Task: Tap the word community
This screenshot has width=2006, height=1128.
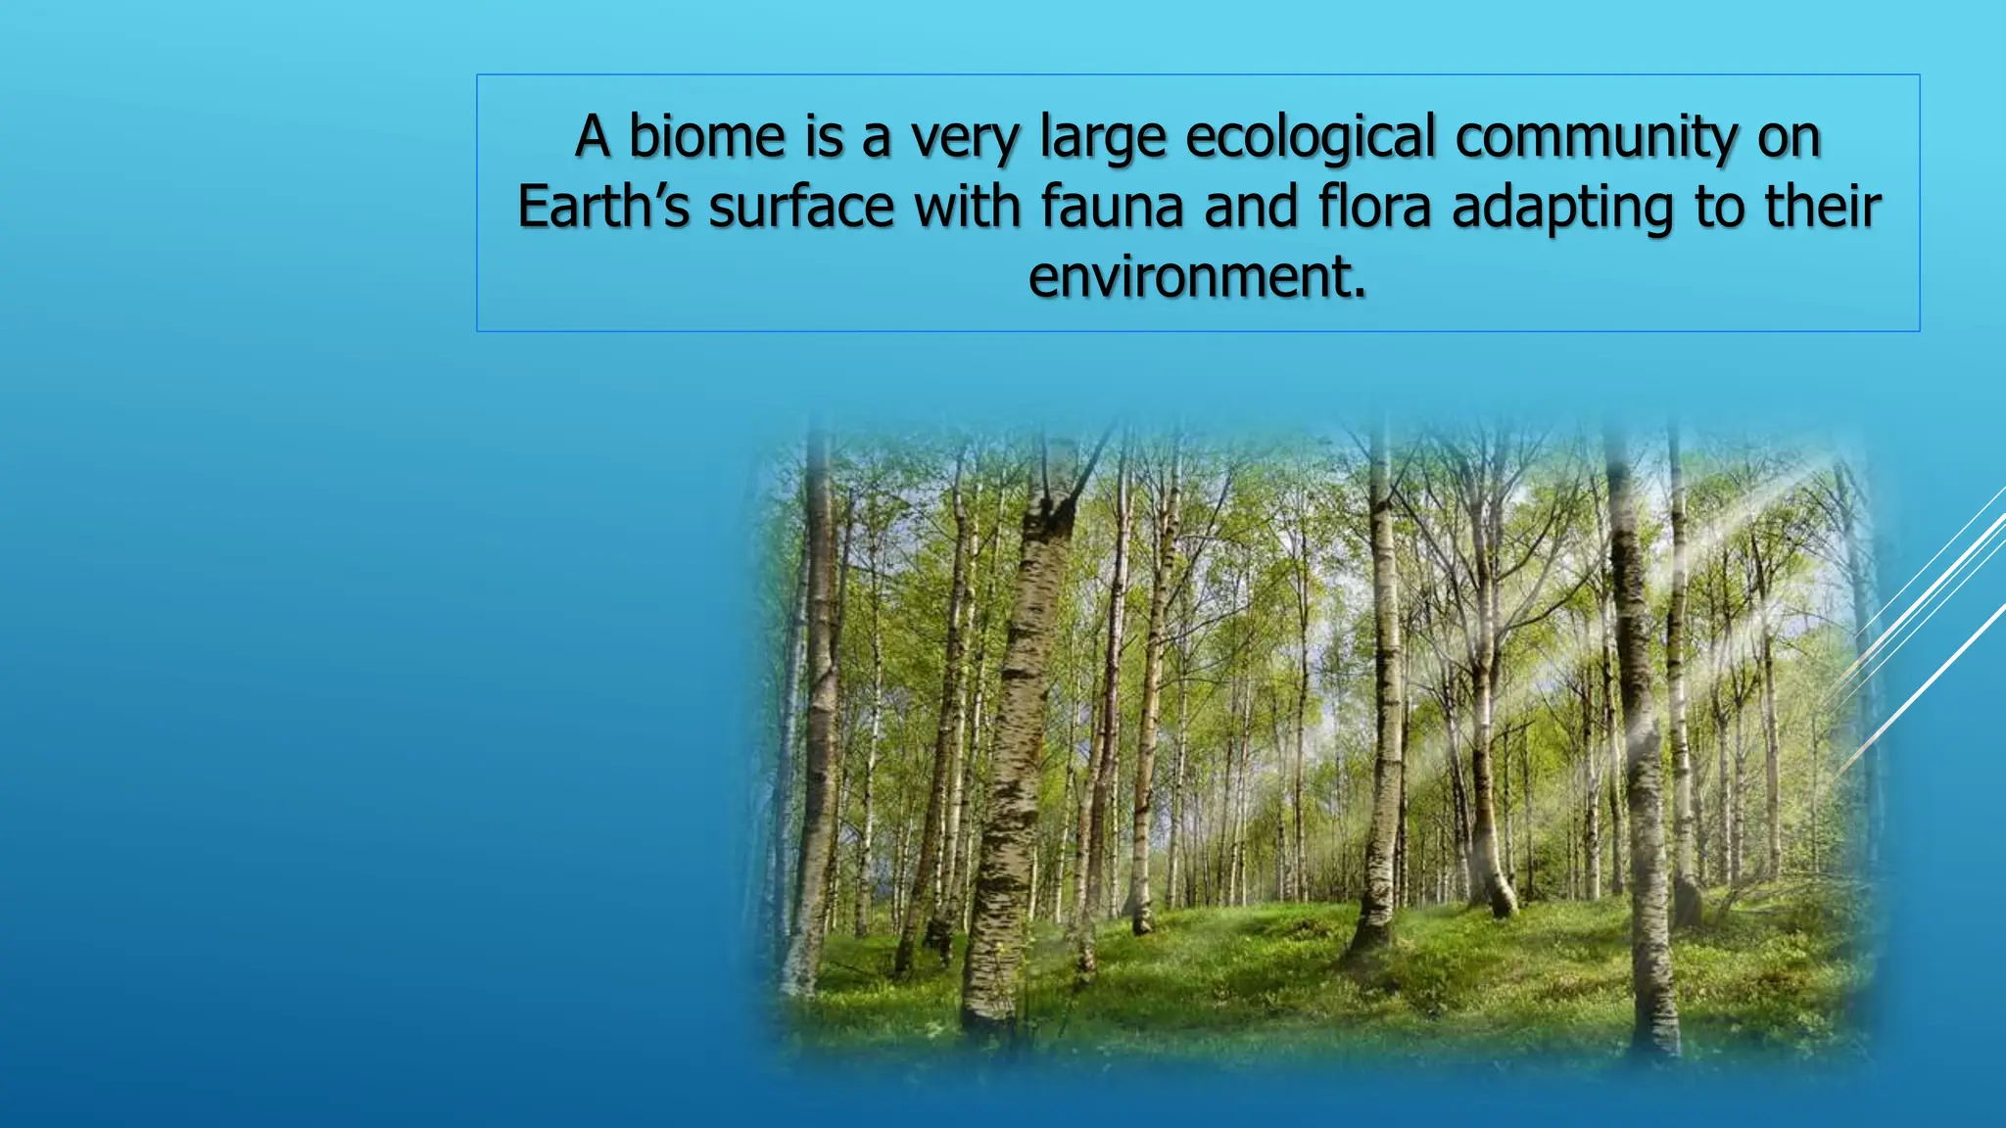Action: coord(1597,136)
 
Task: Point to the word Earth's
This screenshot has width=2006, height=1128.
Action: coord(603,207)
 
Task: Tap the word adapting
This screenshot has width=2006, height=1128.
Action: coord(1563,209)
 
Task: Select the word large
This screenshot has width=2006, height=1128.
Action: coord(1103,138)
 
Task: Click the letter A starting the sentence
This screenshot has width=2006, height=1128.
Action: coord(593,136)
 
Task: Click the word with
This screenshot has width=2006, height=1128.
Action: coord(968,207)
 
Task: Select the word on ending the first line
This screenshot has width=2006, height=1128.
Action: coord(1789,138)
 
